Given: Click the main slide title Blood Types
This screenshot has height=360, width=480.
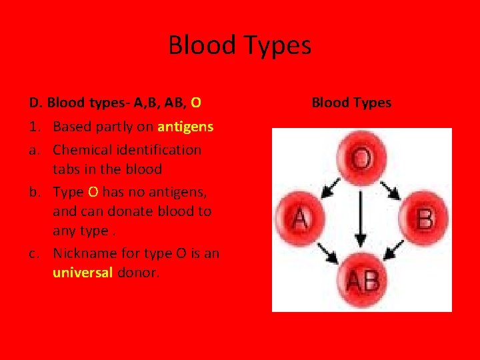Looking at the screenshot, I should point(239,45).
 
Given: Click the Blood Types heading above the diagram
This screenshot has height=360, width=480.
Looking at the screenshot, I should point(351,103).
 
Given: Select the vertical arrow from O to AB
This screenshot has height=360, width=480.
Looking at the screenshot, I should point(361,219).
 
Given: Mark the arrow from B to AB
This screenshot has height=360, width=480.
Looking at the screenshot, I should point(393,252).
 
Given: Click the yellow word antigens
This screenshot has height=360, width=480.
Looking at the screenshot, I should point(185,127).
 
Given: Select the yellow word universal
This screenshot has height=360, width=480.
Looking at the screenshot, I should point(83,272).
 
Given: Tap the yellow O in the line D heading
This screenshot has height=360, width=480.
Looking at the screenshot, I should point(196,103).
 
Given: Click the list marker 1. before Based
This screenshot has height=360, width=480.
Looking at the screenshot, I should point(36,127).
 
